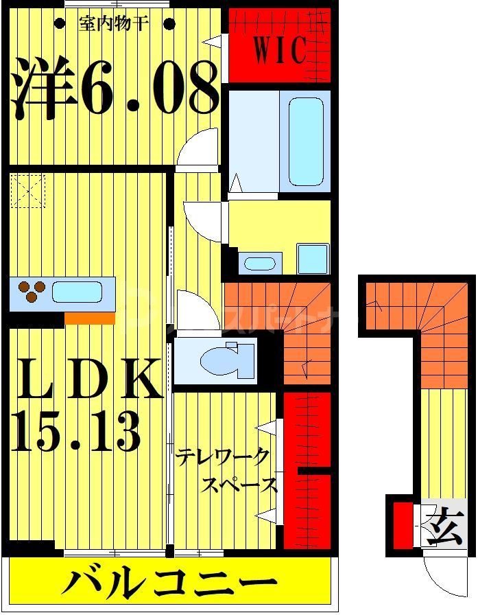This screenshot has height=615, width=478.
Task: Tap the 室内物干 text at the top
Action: pyautogui.click(x=113, y=23)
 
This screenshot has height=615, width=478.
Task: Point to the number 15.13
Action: pyautogui.click(x=76, y=430)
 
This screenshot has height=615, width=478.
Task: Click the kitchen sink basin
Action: pyautogui.click(x=77, y=292)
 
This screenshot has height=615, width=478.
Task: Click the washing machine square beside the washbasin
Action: pyautogui.click(x=313, y=259)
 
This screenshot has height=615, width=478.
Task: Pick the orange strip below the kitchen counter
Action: pyautogui.click(x=89, y=318)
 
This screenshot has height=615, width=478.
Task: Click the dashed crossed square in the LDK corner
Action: pyautogui.click(x=27, y=190)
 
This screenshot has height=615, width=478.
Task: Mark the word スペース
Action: pyautogui.click(x=239, y=485)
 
